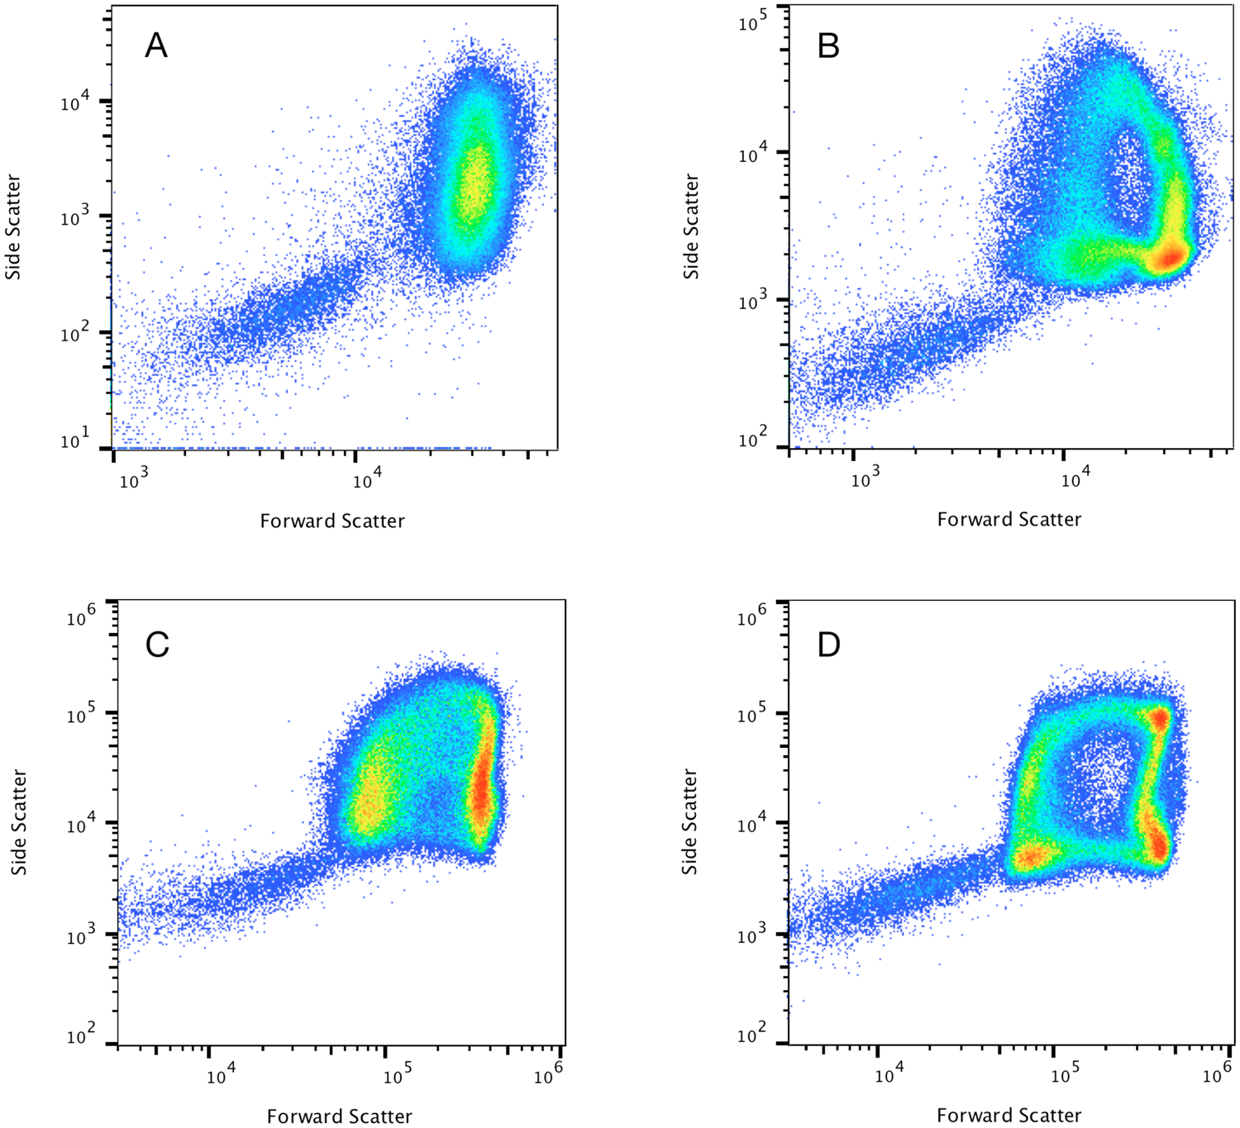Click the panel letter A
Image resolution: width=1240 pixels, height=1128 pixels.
(156, 45)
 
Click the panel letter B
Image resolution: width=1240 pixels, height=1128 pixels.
(828, 45)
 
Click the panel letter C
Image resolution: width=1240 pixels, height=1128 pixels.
(157, 645)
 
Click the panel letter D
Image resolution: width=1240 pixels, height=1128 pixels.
(828, 645)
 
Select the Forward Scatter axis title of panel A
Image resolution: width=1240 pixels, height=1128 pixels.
(332, 521)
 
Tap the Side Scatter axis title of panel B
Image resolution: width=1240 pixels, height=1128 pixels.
(691, 226)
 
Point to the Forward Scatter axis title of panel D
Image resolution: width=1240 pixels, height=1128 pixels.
(1009, 1116)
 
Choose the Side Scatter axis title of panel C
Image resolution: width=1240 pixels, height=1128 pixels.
(19, 822)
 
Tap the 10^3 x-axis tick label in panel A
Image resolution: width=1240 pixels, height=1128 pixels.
(133, 480)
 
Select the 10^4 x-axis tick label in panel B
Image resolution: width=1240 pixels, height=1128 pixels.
(1075, 478)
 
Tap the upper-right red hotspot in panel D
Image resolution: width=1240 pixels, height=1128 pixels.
(1160, 718)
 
